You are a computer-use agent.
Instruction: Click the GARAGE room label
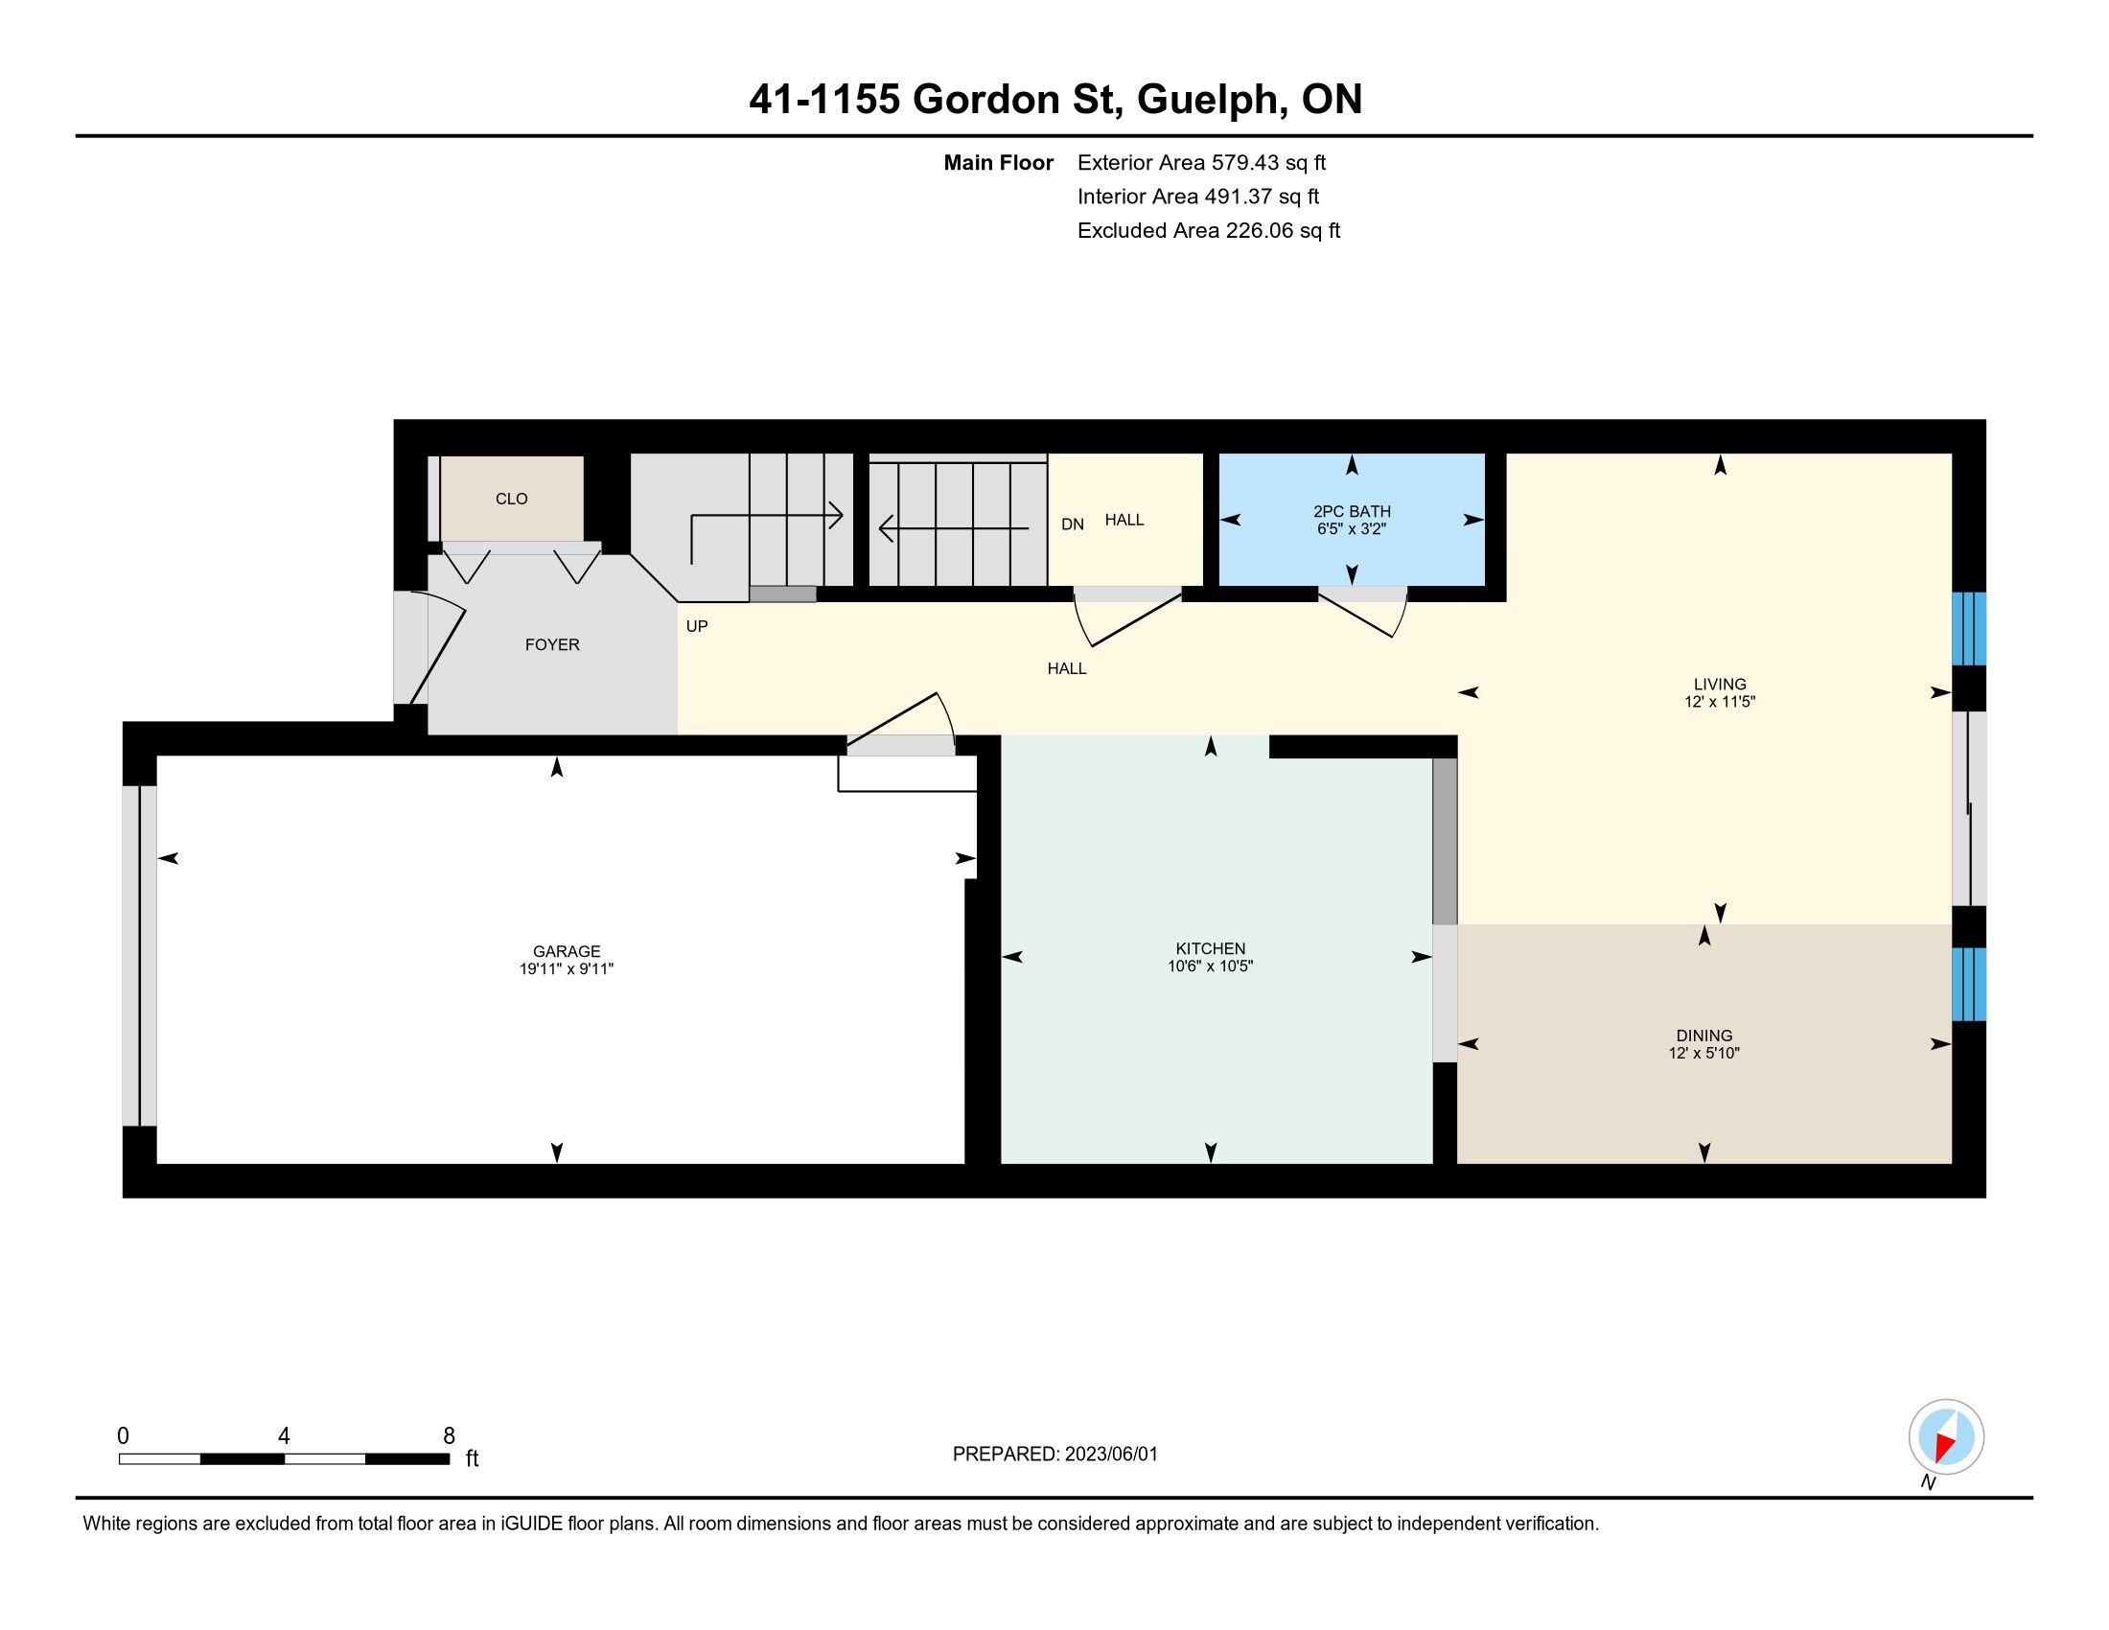(x=566, y=951)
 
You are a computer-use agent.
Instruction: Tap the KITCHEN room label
(x=1210, y=948)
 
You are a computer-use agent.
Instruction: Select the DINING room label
(x=1704, y=1036)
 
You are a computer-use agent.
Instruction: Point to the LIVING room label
(x=1720, y=684)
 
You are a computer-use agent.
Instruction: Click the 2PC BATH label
(x=1352, y=512)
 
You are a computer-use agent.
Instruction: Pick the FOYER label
(x=552, y=644)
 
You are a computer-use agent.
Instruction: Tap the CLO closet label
(x=512, y=499)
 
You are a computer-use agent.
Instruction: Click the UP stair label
(x=696, y=626)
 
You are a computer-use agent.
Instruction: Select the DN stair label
(x=1072, y=524)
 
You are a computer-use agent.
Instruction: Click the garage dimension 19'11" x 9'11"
(x=566, y=968)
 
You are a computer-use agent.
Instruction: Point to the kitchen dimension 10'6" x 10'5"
(x=1210, y=966)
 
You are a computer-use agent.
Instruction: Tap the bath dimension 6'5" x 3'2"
(x=1352, y=529)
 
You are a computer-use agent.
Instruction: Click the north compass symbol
(x=1946, y=1437)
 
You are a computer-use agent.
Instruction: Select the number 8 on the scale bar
(x=449, y=1436)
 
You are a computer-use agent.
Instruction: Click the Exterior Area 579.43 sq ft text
(x=1201, y=162)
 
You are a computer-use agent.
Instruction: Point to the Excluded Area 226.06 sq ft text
(x=1209, y=230)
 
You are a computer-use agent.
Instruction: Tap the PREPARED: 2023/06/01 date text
(x=1054, y=1455)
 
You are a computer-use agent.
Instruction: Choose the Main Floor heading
(x=999, y=162)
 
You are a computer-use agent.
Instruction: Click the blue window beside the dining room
(x=1968, y=984)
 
